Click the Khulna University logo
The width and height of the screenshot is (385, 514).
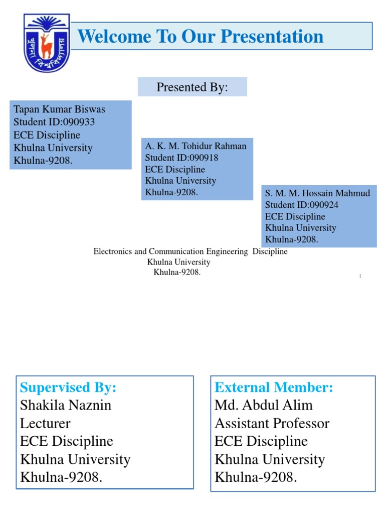point(47,43)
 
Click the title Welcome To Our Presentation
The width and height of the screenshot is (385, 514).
point(201,36)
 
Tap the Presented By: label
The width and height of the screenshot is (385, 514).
point(192,87)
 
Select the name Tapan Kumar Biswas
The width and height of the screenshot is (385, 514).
point(59,109)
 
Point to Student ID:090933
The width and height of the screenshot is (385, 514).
point(54,122)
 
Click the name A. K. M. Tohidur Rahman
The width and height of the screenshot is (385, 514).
point(196,146)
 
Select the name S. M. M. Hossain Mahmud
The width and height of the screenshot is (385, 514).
point(318,193)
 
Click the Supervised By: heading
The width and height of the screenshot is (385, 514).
point(68,388)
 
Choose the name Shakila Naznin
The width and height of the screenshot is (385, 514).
point(66,405)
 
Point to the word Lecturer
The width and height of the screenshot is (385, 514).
point(45,423)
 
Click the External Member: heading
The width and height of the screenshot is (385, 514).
point(274,388)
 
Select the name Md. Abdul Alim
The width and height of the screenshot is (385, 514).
point(264,405)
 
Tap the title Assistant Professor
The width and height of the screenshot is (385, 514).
point(272,423)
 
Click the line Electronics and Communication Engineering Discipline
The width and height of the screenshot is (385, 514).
point(190,251)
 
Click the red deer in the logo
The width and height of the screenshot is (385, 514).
point(47,45)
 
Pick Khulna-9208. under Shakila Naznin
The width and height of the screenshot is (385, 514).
point(61,477)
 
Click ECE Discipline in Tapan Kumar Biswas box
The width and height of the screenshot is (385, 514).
point(47,135)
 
